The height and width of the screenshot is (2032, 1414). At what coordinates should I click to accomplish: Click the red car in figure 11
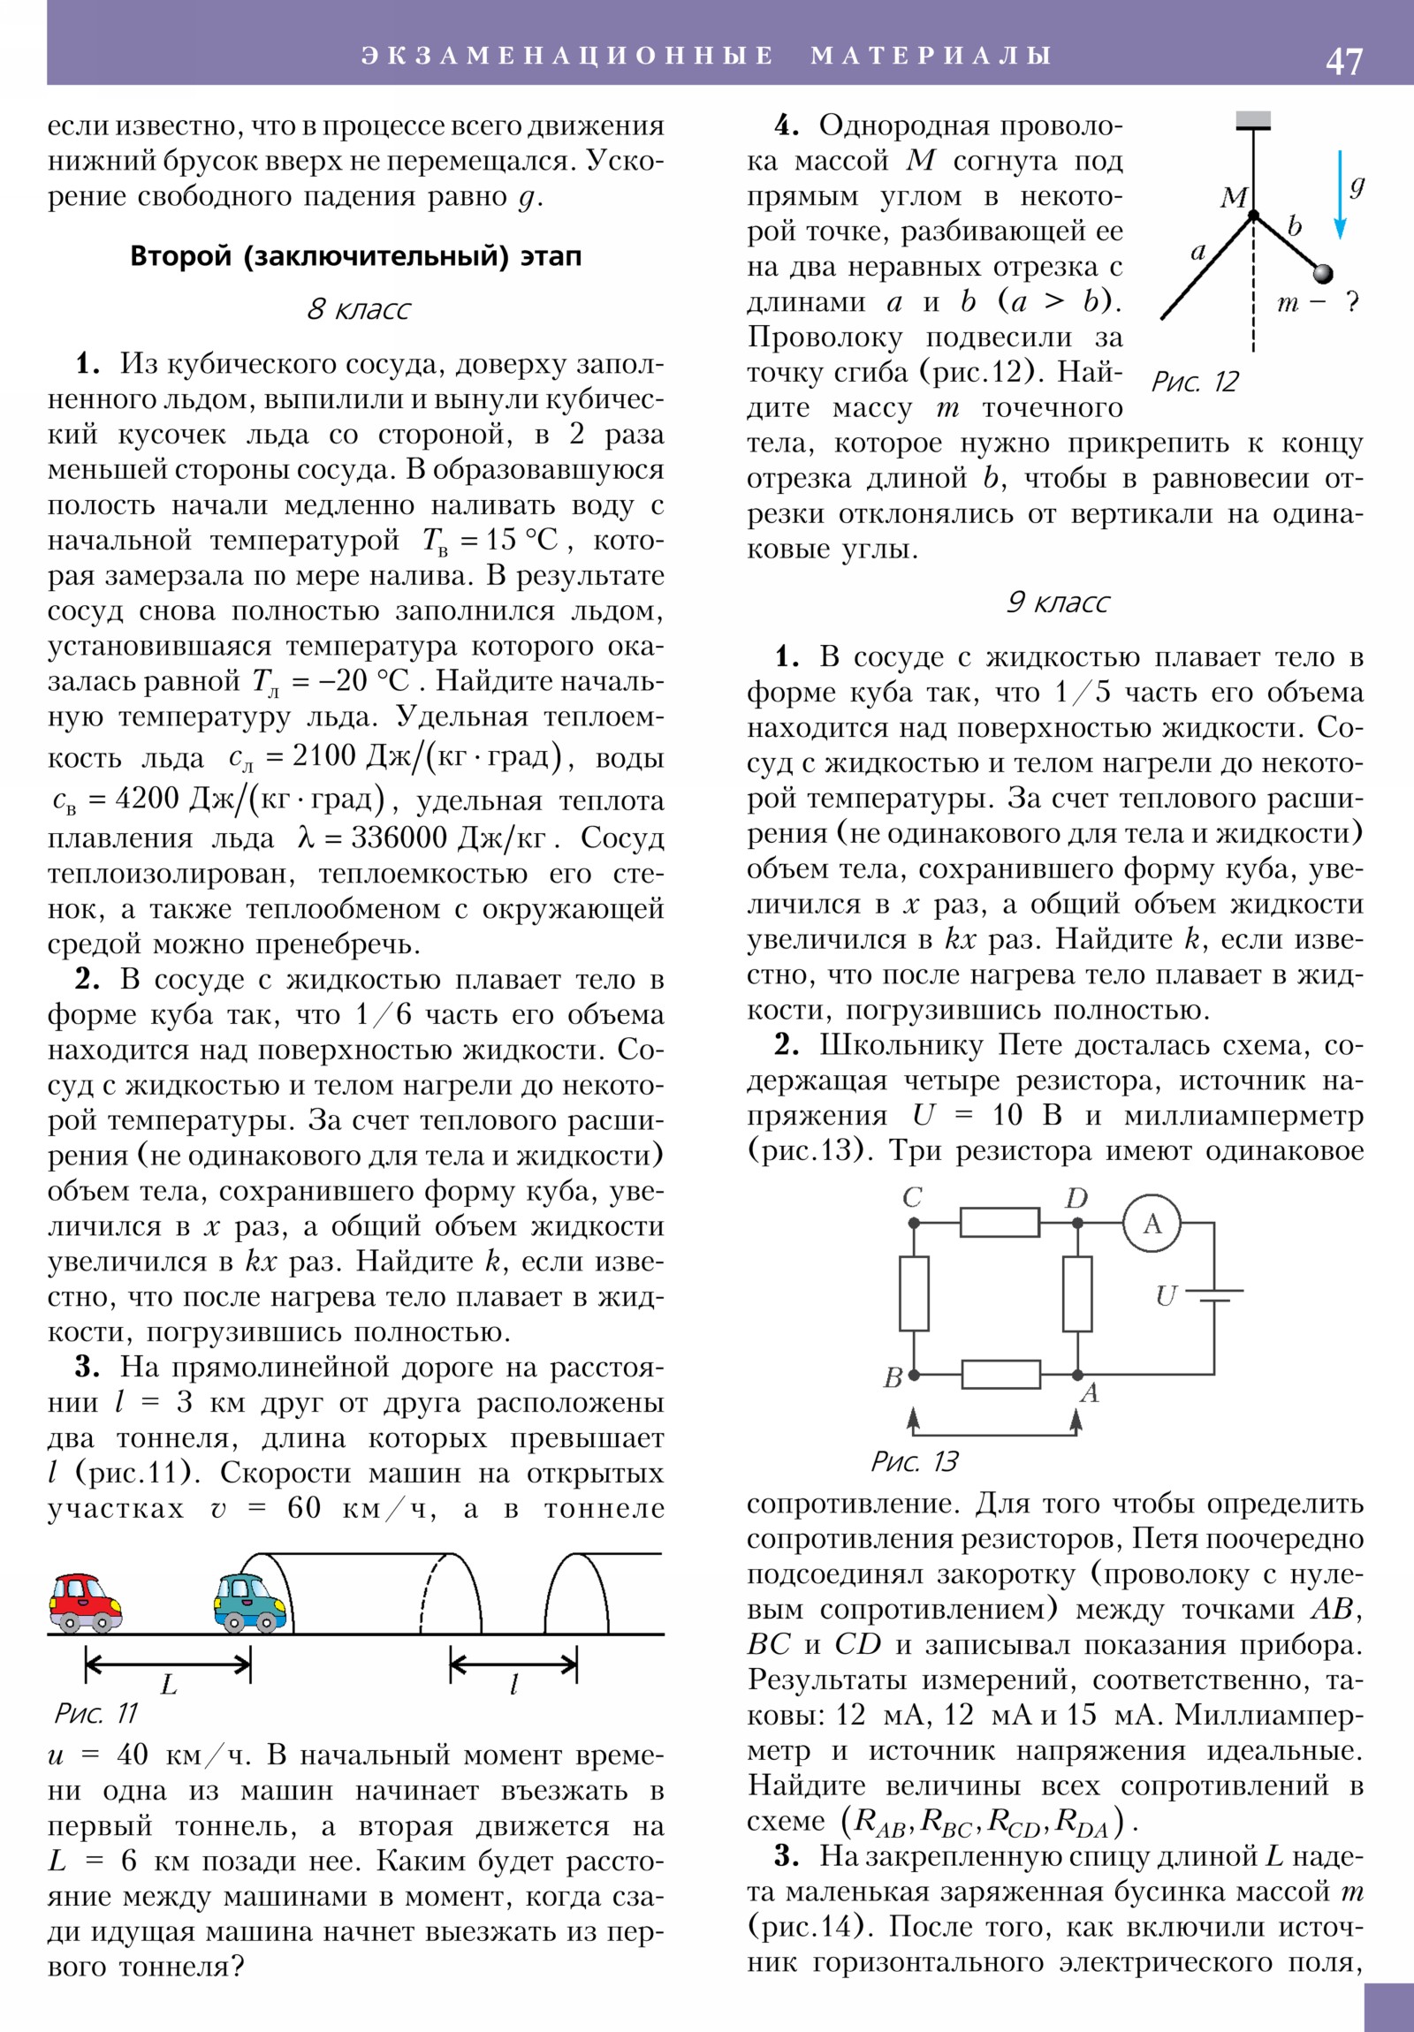point(85,1601)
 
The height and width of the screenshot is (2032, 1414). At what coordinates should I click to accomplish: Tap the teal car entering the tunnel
point(250,1601)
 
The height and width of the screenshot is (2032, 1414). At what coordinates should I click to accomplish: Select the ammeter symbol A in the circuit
point(1152,1224)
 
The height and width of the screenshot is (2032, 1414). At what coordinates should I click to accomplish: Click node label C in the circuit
point(912,1197)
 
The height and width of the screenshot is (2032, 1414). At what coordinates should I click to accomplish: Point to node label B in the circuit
point(893,1377)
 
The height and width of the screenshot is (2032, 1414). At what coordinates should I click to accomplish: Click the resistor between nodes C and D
point(1000,1223)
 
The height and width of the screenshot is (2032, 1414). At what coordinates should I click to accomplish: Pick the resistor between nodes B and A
point(1000,1375)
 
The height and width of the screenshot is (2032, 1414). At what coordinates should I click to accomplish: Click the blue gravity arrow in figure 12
point(1340,194)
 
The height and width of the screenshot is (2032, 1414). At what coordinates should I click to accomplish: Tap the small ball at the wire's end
point(1322,273)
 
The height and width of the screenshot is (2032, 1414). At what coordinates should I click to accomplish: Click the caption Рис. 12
point(1195,383)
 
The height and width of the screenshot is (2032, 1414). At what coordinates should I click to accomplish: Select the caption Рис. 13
point(915,1461)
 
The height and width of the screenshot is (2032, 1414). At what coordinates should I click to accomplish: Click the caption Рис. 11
point(96,1713)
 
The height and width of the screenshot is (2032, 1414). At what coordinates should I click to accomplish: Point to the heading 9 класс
point(1057,603)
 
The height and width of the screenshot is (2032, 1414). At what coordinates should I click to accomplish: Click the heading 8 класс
point(359,310)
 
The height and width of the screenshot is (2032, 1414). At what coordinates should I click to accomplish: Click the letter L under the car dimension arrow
point(168,1684)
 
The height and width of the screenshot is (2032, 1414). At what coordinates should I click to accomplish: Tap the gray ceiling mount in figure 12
point(1253,120)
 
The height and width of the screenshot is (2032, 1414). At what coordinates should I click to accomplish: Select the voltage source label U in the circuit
point(1165,1296)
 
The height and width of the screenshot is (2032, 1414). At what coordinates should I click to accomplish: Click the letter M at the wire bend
point(1233,197)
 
